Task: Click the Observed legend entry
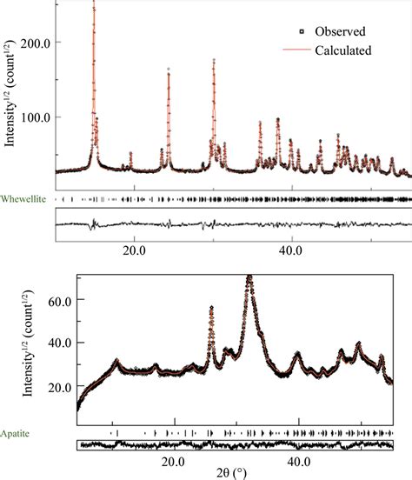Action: [x=343, y=30]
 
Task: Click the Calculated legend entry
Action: [x=345, y=50]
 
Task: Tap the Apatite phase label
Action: [x=17, y=430]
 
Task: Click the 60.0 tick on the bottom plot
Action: [x=55, y=299]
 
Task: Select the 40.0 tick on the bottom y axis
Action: [x=55, y=342]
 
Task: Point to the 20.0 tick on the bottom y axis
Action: [x=55, y=385]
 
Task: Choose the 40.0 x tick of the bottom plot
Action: [x=299, y=459]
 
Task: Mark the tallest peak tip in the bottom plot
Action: [x=249, y=277]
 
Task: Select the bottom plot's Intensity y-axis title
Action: [x=30, y=343]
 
